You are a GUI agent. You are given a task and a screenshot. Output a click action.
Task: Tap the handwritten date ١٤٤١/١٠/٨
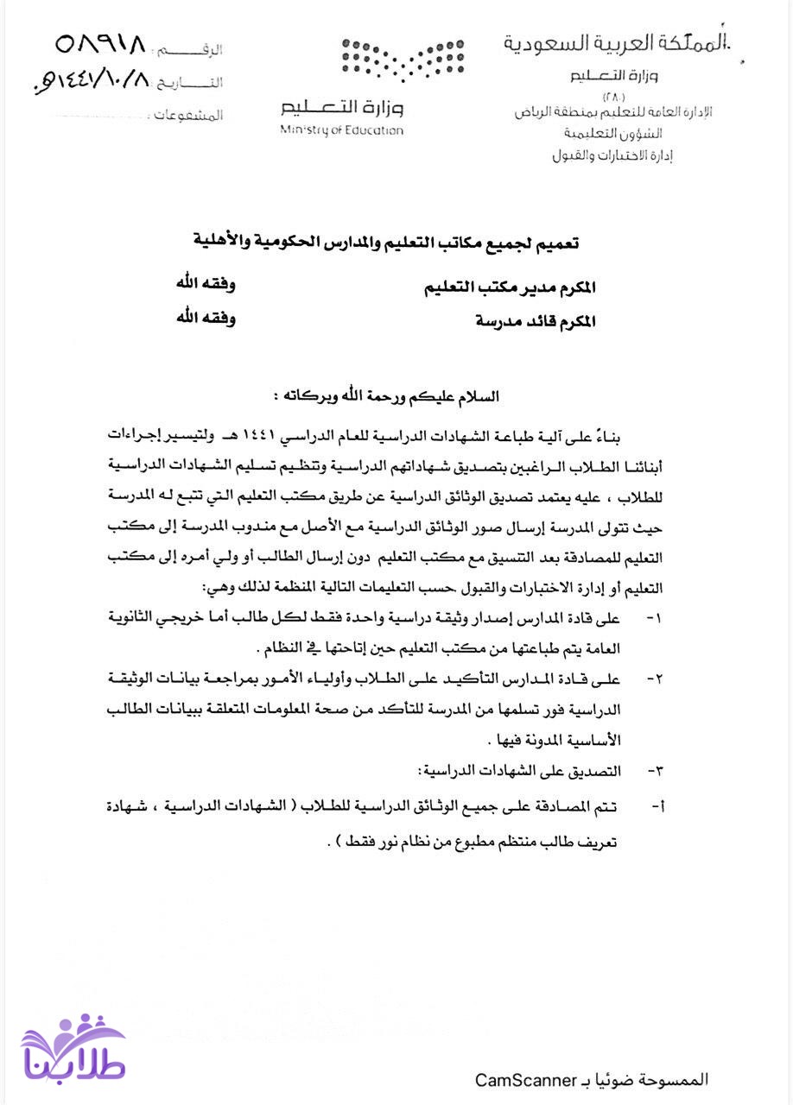coord(91,82)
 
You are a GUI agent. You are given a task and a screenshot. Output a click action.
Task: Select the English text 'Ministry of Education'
coord(341,130)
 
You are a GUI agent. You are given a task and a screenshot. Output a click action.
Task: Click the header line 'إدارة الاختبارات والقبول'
coord(612,156)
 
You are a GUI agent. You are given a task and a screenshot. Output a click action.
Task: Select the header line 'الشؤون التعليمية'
coord(612,134)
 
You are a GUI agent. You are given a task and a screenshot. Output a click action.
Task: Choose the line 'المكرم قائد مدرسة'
coord(536,322)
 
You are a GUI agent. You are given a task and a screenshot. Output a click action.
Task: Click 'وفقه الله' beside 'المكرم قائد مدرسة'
coord(206,318)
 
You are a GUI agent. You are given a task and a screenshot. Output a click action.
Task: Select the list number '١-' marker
coord(654,618)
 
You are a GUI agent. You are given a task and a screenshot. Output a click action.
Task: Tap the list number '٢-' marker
coord(655,679)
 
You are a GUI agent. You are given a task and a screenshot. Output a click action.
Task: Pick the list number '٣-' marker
coord(654,770)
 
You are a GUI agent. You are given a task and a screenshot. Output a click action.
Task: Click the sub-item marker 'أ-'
coord(657,806)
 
